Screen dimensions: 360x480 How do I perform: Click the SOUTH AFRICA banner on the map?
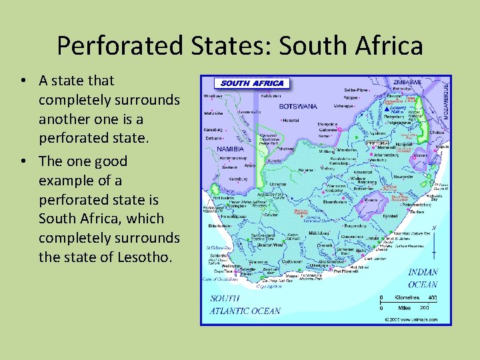(x=252, y=84)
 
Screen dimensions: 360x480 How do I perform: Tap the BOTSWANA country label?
(x=298, y=106)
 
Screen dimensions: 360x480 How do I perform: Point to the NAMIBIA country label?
(x=231, y=151)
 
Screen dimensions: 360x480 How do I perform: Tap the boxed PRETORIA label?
(x=377, y=143)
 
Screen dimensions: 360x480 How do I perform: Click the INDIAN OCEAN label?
(x=422, y=278)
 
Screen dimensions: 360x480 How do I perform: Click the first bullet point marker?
(x=23, y=81)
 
